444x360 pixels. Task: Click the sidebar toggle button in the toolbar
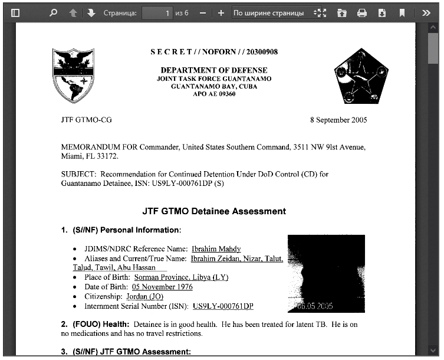point(16,12)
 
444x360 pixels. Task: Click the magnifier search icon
point(54,12)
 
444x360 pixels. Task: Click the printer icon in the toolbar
point(362,12)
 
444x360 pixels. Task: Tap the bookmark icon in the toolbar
point(402,12)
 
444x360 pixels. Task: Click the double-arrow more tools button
point(426,12)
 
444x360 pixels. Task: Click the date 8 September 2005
point(338,120)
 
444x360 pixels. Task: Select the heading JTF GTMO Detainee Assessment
point(214,211)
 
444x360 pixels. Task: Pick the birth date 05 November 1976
point(162,287)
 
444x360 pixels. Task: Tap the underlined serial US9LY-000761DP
point(223,306)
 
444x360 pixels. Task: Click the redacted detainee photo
point(326,273)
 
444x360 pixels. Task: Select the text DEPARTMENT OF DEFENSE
point(214,70)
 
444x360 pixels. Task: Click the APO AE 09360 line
point(214,93)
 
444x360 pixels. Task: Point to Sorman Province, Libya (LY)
point(181,277)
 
